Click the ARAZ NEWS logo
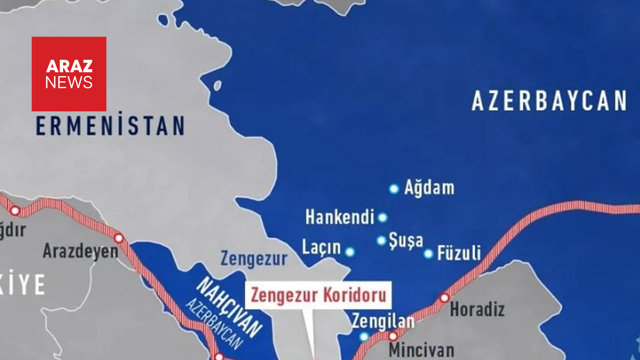(x=68, y=74)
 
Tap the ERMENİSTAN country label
(x=110, y=126)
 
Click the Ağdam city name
(x=429, y=187)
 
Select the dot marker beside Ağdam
(x=394, y=188)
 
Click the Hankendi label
(x=338, y=216)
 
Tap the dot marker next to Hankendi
(x=382, y=217)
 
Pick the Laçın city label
(x=321, y=247)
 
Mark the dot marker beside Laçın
(x=350, y=251)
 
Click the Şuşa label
(x=406, y=240)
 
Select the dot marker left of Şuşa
(x=381, y=240)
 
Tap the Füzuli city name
(x=459, y=251)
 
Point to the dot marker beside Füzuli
(x=429, y=253)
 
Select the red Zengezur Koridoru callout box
(x=317, y=296)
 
